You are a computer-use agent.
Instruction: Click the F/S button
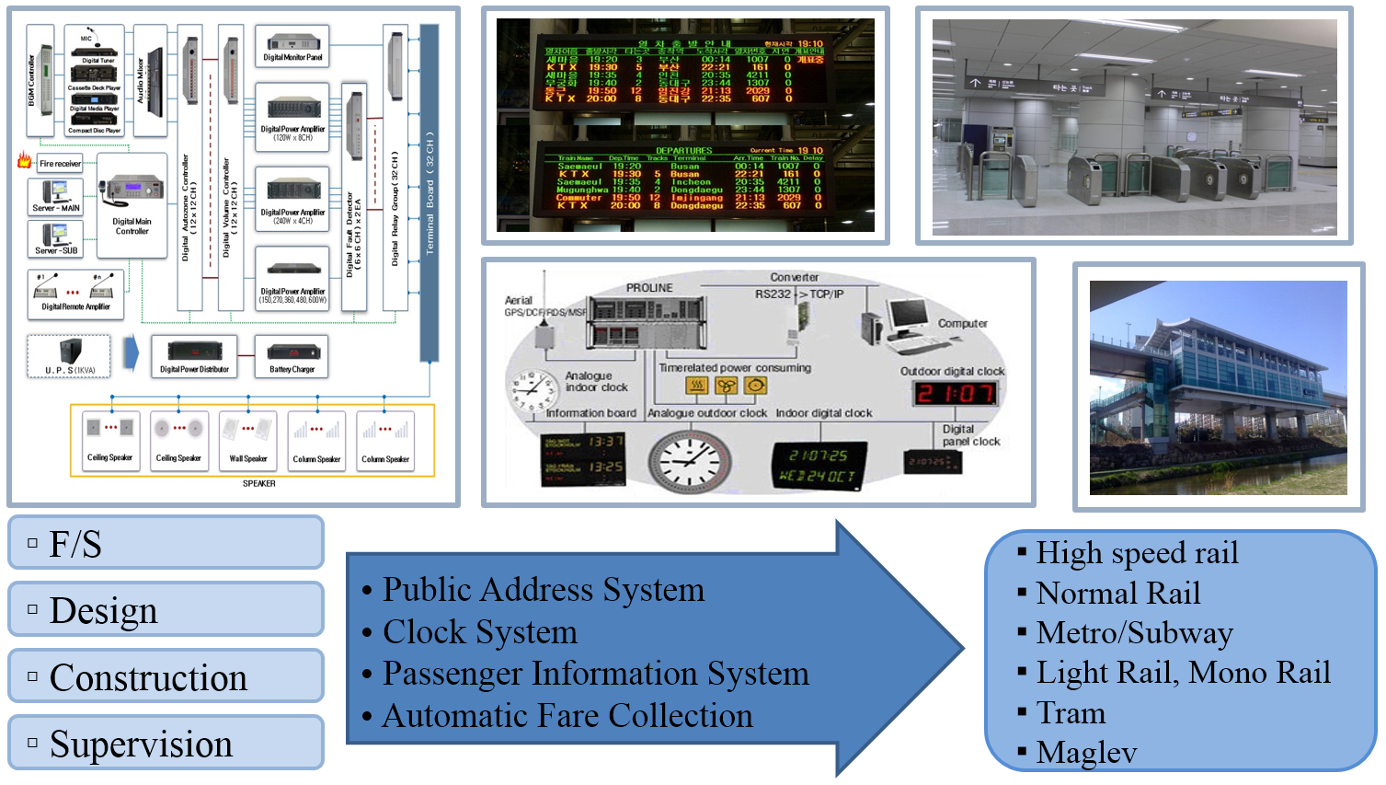[166, 543]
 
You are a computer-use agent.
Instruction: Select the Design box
[166, 609]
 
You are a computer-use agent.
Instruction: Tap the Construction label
[166, 677]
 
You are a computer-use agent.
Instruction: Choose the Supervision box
[166, 744]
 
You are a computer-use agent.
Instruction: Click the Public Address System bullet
[543, 590]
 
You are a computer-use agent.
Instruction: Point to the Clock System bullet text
[479, 632]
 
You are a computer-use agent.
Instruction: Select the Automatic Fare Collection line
[567, 716]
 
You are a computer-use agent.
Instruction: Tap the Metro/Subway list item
[1134, 633]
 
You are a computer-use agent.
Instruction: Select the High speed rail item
[1137, 553]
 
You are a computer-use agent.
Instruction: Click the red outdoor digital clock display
[954, 394]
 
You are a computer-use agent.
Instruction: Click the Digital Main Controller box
[132, 205]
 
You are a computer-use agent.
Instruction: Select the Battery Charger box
[292, 356]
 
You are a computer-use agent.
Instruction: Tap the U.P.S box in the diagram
[69, 356]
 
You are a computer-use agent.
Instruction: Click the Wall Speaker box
[247, 441]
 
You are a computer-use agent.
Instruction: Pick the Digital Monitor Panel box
[292, 46]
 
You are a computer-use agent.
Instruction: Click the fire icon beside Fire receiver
[24, 161]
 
